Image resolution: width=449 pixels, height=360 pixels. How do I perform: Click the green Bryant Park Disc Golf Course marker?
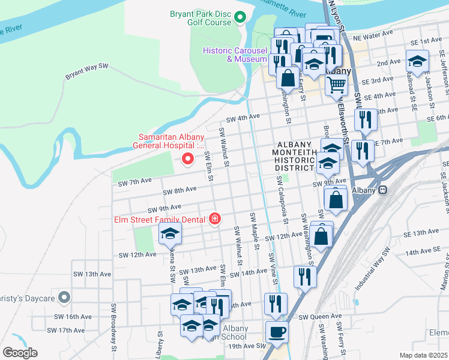coord(240,17)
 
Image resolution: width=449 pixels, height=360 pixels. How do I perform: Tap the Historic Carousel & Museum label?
coord(235,55)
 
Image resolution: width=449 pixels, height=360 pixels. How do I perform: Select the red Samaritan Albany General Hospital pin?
coord(188,159)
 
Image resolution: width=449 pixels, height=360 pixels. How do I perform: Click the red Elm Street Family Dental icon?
coord(214,220)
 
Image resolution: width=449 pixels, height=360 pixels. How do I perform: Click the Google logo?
coord(20,353)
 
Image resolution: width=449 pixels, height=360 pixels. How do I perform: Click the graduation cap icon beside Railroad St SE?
coord(418,60)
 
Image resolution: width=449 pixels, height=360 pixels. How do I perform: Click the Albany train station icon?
coord(382,190)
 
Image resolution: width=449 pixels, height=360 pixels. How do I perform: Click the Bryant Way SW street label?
coord(86,70)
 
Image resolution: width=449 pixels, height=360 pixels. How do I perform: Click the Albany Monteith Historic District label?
coord(295,157)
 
